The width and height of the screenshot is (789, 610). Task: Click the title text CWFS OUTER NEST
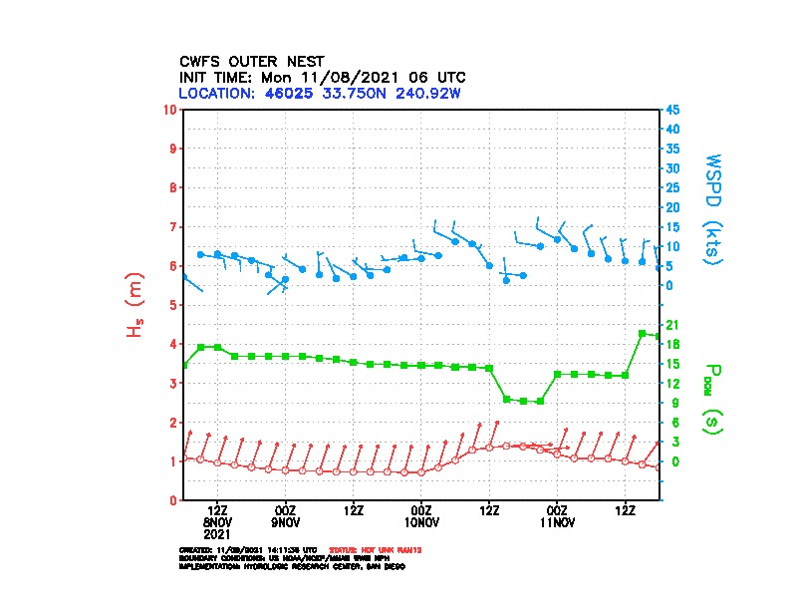251,61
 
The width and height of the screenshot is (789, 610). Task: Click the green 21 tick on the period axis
672,325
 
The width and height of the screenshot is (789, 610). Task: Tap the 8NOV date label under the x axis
217,522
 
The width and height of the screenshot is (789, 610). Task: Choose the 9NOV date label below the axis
285,522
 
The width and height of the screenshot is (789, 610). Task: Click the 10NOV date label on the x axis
421,522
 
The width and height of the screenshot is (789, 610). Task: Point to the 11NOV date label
557,522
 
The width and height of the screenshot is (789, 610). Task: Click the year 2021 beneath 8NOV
217,533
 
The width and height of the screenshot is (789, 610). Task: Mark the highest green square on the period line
643,333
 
